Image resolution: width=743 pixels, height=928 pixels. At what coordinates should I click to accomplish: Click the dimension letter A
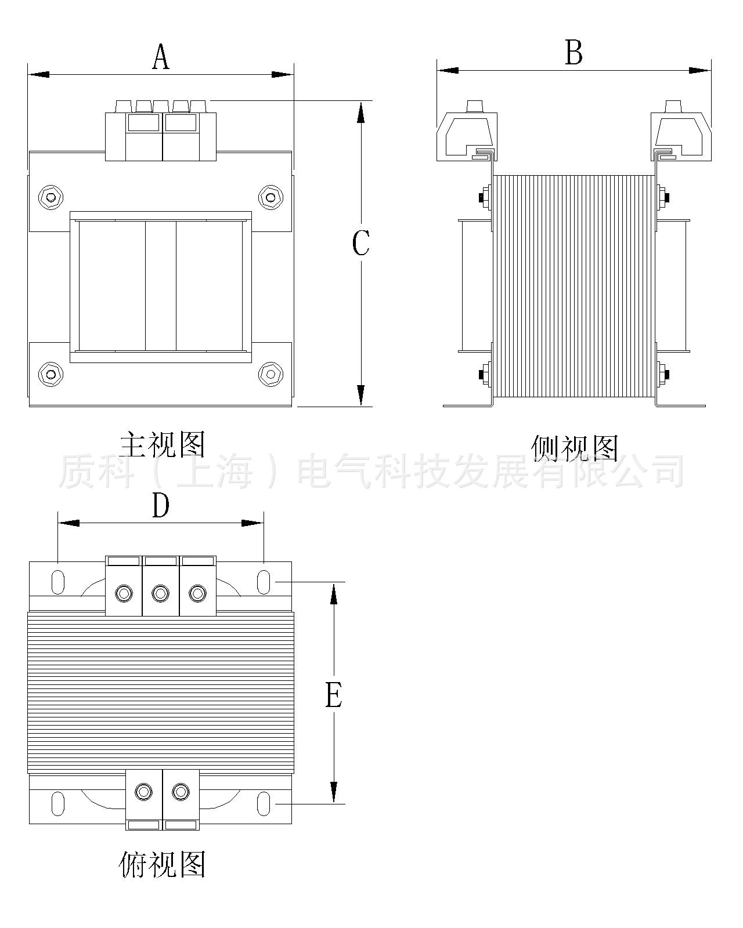161,57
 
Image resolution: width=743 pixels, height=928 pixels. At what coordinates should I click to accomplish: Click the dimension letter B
574,53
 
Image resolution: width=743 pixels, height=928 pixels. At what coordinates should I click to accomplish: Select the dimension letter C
360,243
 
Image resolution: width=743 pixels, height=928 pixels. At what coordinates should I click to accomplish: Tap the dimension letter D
161,506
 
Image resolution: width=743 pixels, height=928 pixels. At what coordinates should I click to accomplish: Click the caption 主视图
163,444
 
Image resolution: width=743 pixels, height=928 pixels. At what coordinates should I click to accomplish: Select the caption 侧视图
574,448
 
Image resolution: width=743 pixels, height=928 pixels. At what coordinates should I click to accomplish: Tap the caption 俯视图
162,865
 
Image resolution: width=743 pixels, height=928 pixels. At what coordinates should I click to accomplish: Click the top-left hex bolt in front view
51,197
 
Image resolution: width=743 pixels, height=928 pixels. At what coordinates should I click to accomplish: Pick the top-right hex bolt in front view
269,197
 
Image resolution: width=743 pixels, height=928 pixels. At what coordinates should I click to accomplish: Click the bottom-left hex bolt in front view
51,373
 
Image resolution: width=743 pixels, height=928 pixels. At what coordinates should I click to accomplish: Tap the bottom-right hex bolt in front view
269,373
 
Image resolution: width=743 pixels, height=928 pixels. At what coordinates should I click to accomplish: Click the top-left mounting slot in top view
58,582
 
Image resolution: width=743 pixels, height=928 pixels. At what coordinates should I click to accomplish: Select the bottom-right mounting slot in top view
263,803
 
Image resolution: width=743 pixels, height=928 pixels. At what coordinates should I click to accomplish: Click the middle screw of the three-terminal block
160,593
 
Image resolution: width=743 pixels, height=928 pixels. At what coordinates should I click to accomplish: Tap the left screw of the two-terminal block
143,792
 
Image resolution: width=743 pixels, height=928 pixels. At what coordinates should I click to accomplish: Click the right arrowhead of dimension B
699,70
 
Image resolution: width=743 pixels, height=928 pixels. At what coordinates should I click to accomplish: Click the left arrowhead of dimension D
68,523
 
